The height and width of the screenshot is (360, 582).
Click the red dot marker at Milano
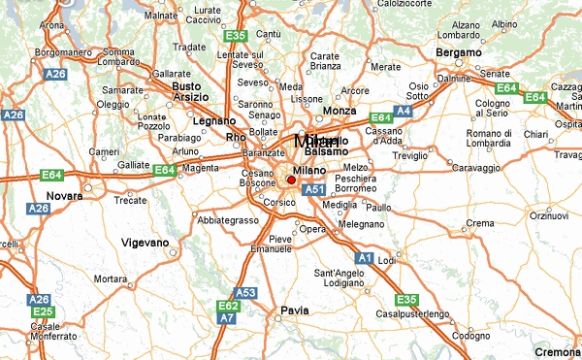point(290,180)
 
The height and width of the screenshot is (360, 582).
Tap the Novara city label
point(65,196)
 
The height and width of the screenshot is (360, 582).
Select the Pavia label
point(294,311)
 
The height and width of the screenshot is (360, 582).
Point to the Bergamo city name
point(460,50)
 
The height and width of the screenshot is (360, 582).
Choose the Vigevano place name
point(145,242)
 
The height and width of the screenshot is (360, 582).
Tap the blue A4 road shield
point(404,112)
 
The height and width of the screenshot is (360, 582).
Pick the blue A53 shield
point(246,292)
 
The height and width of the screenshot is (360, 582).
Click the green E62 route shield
point(227,305)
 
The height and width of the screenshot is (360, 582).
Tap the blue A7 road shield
point(227,317)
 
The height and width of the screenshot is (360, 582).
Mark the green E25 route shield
point(41,312)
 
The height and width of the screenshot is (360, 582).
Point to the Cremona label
point(558,351)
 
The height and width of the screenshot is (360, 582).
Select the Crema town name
point(480,223)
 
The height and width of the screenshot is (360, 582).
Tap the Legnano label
point(214,121)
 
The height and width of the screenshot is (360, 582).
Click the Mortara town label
point(113,279)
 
